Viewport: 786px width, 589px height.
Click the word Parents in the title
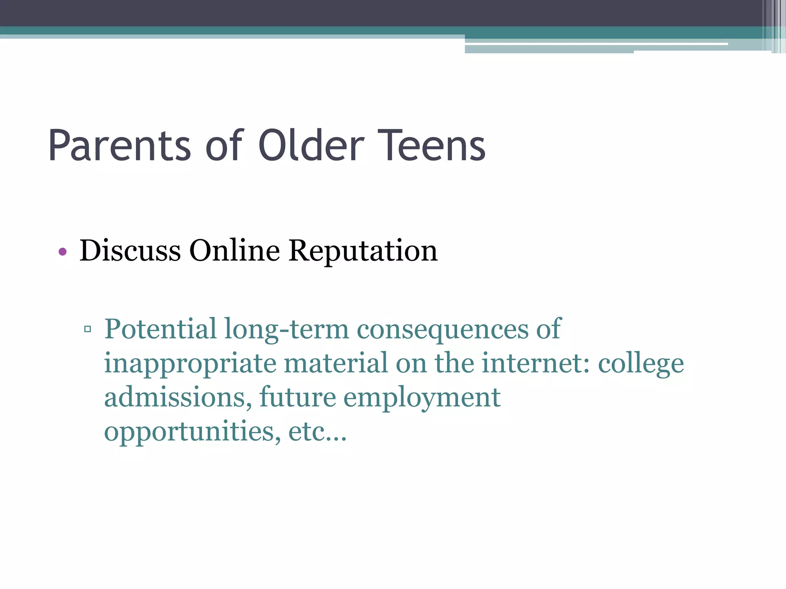click(x=119, y=146)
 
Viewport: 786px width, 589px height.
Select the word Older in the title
click(x=311, y=146)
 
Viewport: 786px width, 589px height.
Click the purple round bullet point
click(x=63, y=252)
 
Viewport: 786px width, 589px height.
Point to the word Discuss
click(x=130, y=250)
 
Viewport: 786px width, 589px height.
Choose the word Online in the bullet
click(x=234, y=250)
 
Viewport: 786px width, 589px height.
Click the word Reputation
click(x=363, y=251)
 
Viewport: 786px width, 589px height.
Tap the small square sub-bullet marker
click(x=88, y=329)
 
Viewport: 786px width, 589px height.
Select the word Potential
click(x=160, y=329)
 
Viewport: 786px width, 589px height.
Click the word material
click(x=336, y=363)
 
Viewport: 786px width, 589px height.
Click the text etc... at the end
click(x=317, y=431)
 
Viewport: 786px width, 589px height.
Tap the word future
click(x=297, y=397)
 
